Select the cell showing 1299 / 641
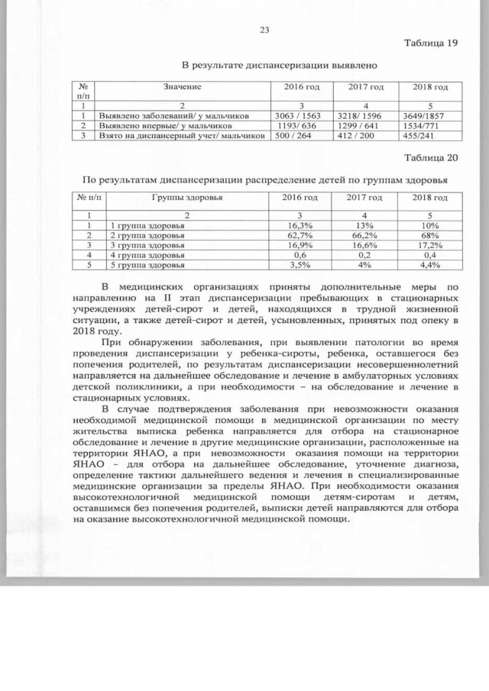[x=361, y=125]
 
